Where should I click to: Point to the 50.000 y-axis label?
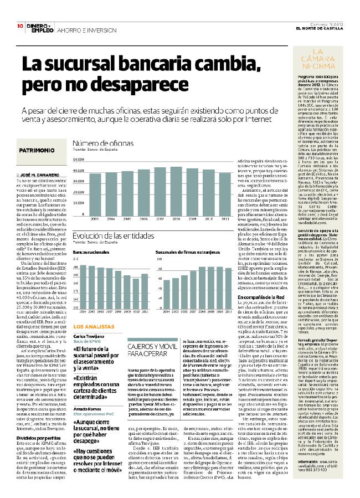78,160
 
